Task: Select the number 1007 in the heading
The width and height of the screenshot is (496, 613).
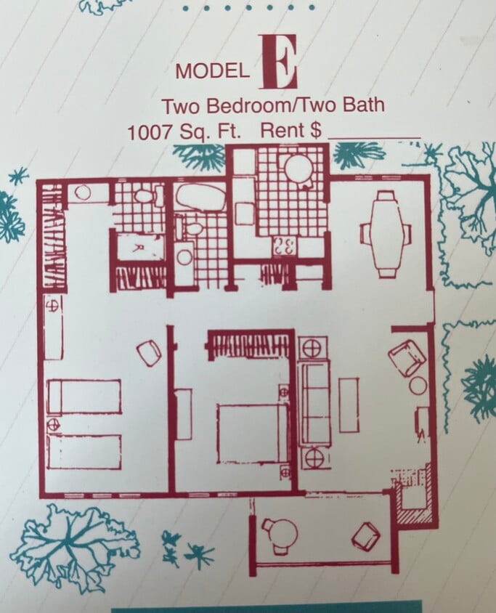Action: click(x=151, y=133)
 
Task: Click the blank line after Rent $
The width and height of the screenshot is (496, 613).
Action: click(x=374, y=134)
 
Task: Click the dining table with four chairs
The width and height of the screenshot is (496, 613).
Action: click(x=386, y=233)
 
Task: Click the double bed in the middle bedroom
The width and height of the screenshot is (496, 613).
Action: click(x=251, y=433)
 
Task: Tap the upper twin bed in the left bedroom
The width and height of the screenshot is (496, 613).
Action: click(x=84, y=397)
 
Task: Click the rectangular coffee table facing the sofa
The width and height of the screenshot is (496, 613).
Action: click(x=349, y=405)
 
